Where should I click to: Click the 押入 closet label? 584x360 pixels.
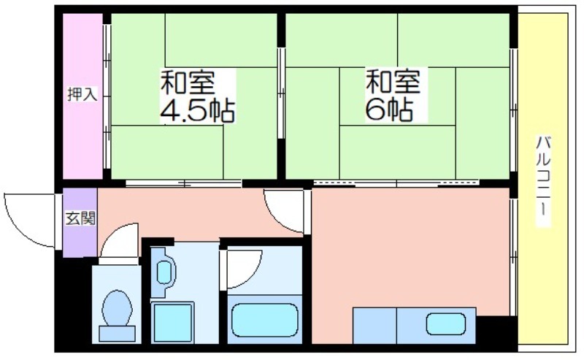click(82, 94)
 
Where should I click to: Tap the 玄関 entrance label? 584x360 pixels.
click(80, 218)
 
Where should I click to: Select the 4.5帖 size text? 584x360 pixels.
click(197, 111)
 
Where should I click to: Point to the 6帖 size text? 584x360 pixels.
click(389, 110)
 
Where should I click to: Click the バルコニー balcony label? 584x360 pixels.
click(543, 182)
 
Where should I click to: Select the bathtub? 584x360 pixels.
click(265, 320)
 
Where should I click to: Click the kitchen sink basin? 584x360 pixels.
click(446, 323)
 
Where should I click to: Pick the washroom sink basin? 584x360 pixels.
click(164, 272)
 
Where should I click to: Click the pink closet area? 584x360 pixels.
click(82, 96)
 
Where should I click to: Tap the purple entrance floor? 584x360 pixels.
click(80, 223)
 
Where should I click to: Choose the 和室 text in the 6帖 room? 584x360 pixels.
click(393, 81)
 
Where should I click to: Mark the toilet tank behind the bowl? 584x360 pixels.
click(117, 334)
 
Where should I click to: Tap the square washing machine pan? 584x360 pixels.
click(173, 323)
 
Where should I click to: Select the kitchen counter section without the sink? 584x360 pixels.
click(374, 326)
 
